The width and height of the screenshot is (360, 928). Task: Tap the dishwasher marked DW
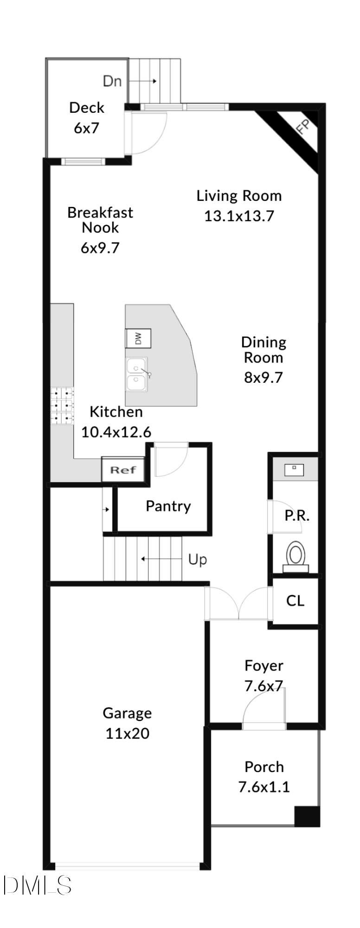coord(138,338)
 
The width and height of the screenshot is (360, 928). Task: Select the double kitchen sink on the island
coord(136,375)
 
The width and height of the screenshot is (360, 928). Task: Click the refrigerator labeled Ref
coord(123,470)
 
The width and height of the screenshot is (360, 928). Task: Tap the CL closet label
coord(295,601)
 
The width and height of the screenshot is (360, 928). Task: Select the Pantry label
coord(168,506)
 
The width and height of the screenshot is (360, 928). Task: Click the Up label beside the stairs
coord(197,560)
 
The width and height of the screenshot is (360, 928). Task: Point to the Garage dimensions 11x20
coord(127,734)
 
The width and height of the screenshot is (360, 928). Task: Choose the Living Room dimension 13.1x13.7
coord(239,216)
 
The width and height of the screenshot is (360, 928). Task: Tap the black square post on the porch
coord(307,817)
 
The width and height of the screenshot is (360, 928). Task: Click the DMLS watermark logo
coord(37,885)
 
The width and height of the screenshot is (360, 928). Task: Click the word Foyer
coord(264,666)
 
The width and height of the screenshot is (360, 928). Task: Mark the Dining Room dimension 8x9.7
coord(263,377)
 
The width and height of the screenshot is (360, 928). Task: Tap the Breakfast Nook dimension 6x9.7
coord(100,248)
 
